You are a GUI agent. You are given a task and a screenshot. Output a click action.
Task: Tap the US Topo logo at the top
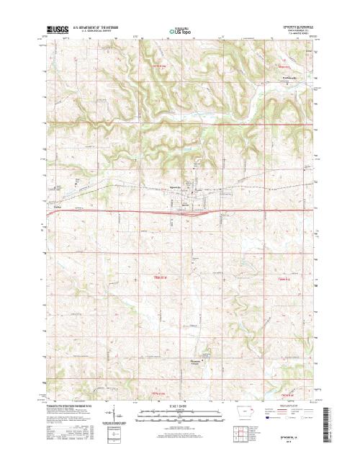(180, 32)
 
